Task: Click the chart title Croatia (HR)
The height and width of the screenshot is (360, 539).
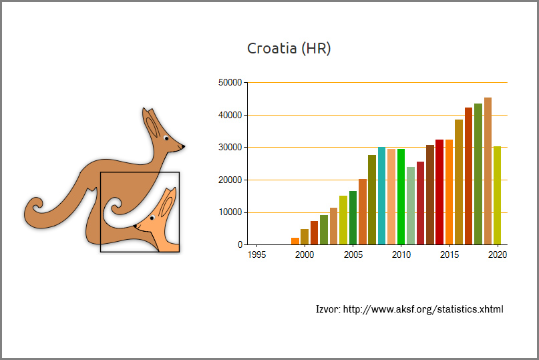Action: (x=289, y=49)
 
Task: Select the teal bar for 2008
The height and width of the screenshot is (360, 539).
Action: (x=381, y=196)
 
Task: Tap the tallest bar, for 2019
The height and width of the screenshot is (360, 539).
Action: (x=488, y=171)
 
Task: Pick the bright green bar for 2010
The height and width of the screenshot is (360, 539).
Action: (x=401, y=197)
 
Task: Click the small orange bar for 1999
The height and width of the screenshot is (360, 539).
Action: (x=295, y=241)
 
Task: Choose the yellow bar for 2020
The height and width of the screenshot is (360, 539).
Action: (x=498, y=196)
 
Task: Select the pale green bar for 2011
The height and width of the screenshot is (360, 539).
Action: (x=411, y=206)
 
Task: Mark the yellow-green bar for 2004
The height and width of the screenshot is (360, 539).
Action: (x=343, y=220)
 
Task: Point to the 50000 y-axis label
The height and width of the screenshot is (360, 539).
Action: (x=230, y=83)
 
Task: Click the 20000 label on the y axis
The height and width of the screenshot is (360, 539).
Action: (x=230, y=180)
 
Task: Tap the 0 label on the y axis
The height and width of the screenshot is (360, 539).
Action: (x=240, y=245)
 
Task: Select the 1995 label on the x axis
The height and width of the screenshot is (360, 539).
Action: (x=256, y=254)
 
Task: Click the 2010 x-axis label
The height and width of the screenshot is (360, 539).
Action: (x=401, y=254)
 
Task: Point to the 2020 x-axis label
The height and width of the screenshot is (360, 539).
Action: (x=498, y=254)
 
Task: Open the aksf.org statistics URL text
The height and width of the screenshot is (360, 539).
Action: (x=423, y=309)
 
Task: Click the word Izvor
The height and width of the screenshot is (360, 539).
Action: (x=328, y=309)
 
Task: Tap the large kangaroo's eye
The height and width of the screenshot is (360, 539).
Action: (x=166, y=138)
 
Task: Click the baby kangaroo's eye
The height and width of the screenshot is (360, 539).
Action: (x=152, y=218)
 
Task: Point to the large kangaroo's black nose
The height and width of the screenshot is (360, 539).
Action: (x=183, y=147)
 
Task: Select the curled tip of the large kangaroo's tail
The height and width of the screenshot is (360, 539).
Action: (x=35, y=206)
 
